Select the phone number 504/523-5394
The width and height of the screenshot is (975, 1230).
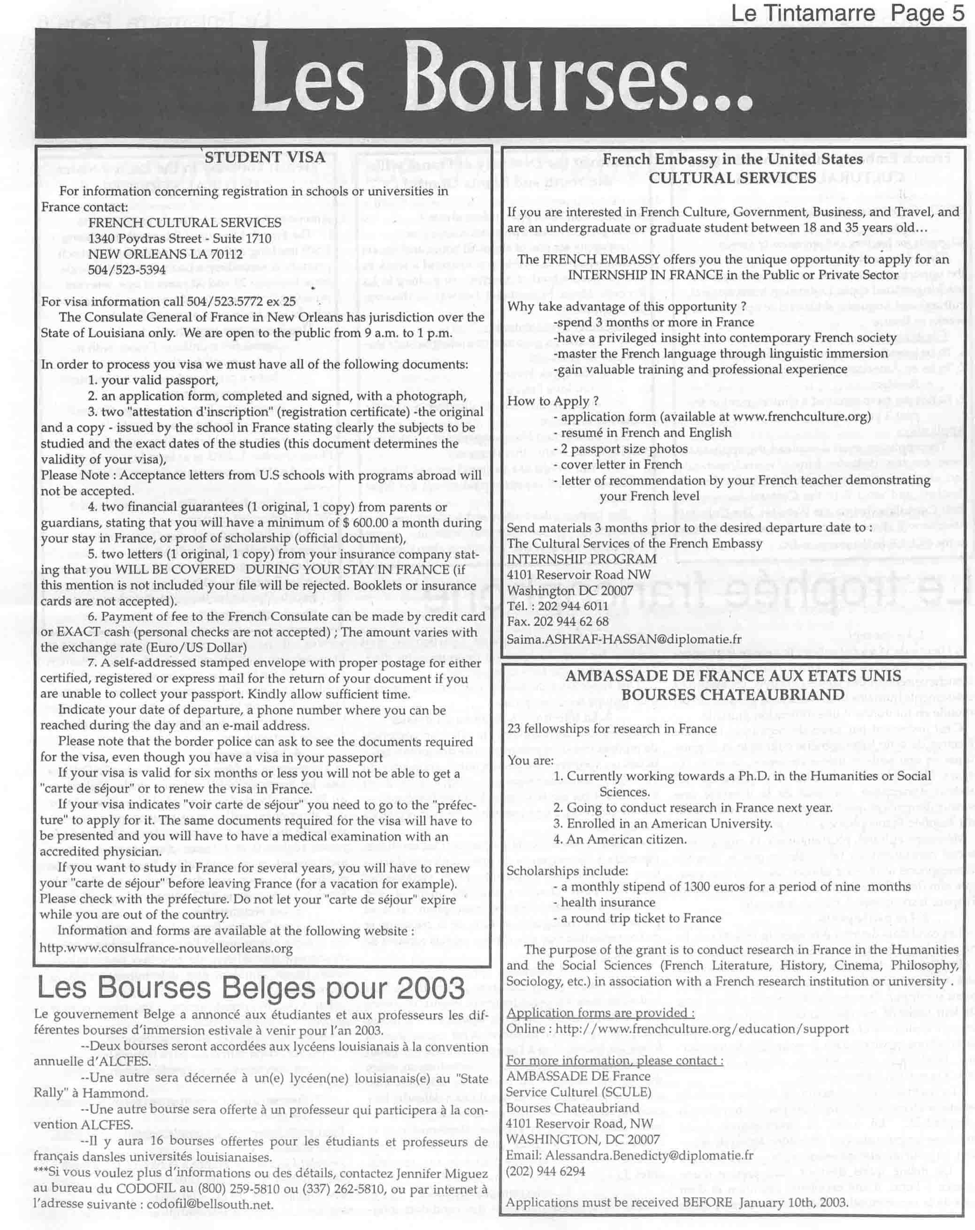click(127, 270)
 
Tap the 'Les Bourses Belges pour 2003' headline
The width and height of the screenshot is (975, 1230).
click(251, 988)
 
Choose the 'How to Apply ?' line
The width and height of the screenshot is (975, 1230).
click(553, 401)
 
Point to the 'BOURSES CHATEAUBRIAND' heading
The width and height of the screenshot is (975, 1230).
click(732, 695)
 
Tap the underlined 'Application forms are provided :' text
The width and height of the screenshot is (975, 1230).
click(600, 1013)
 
